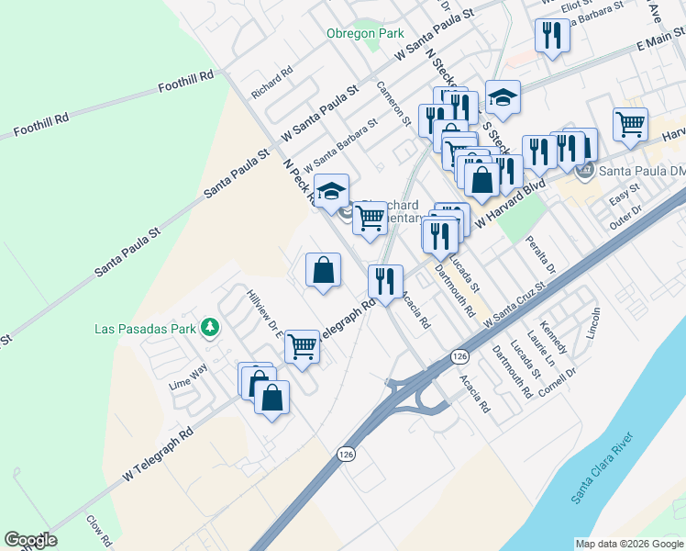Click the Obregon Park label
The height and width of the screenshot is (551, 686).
tap(365, 33)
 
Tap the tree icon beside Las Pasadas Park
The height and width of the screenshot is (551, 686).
tap(210, 327)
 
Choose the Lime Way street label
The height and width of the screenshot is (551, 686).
tap(189, 377)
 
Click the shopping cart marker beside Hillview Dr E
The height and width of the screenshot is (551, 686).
tap(303, 346)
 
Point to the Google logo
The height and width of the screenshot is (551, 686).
tap(30, 540)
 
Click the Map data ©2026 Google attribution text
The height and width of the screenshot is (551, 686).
tap(628, 544)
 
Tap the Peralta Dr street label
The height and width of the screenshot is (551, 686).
tap(541, 254)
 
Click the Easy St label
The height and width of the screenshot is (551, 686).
tap(624, 200)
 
